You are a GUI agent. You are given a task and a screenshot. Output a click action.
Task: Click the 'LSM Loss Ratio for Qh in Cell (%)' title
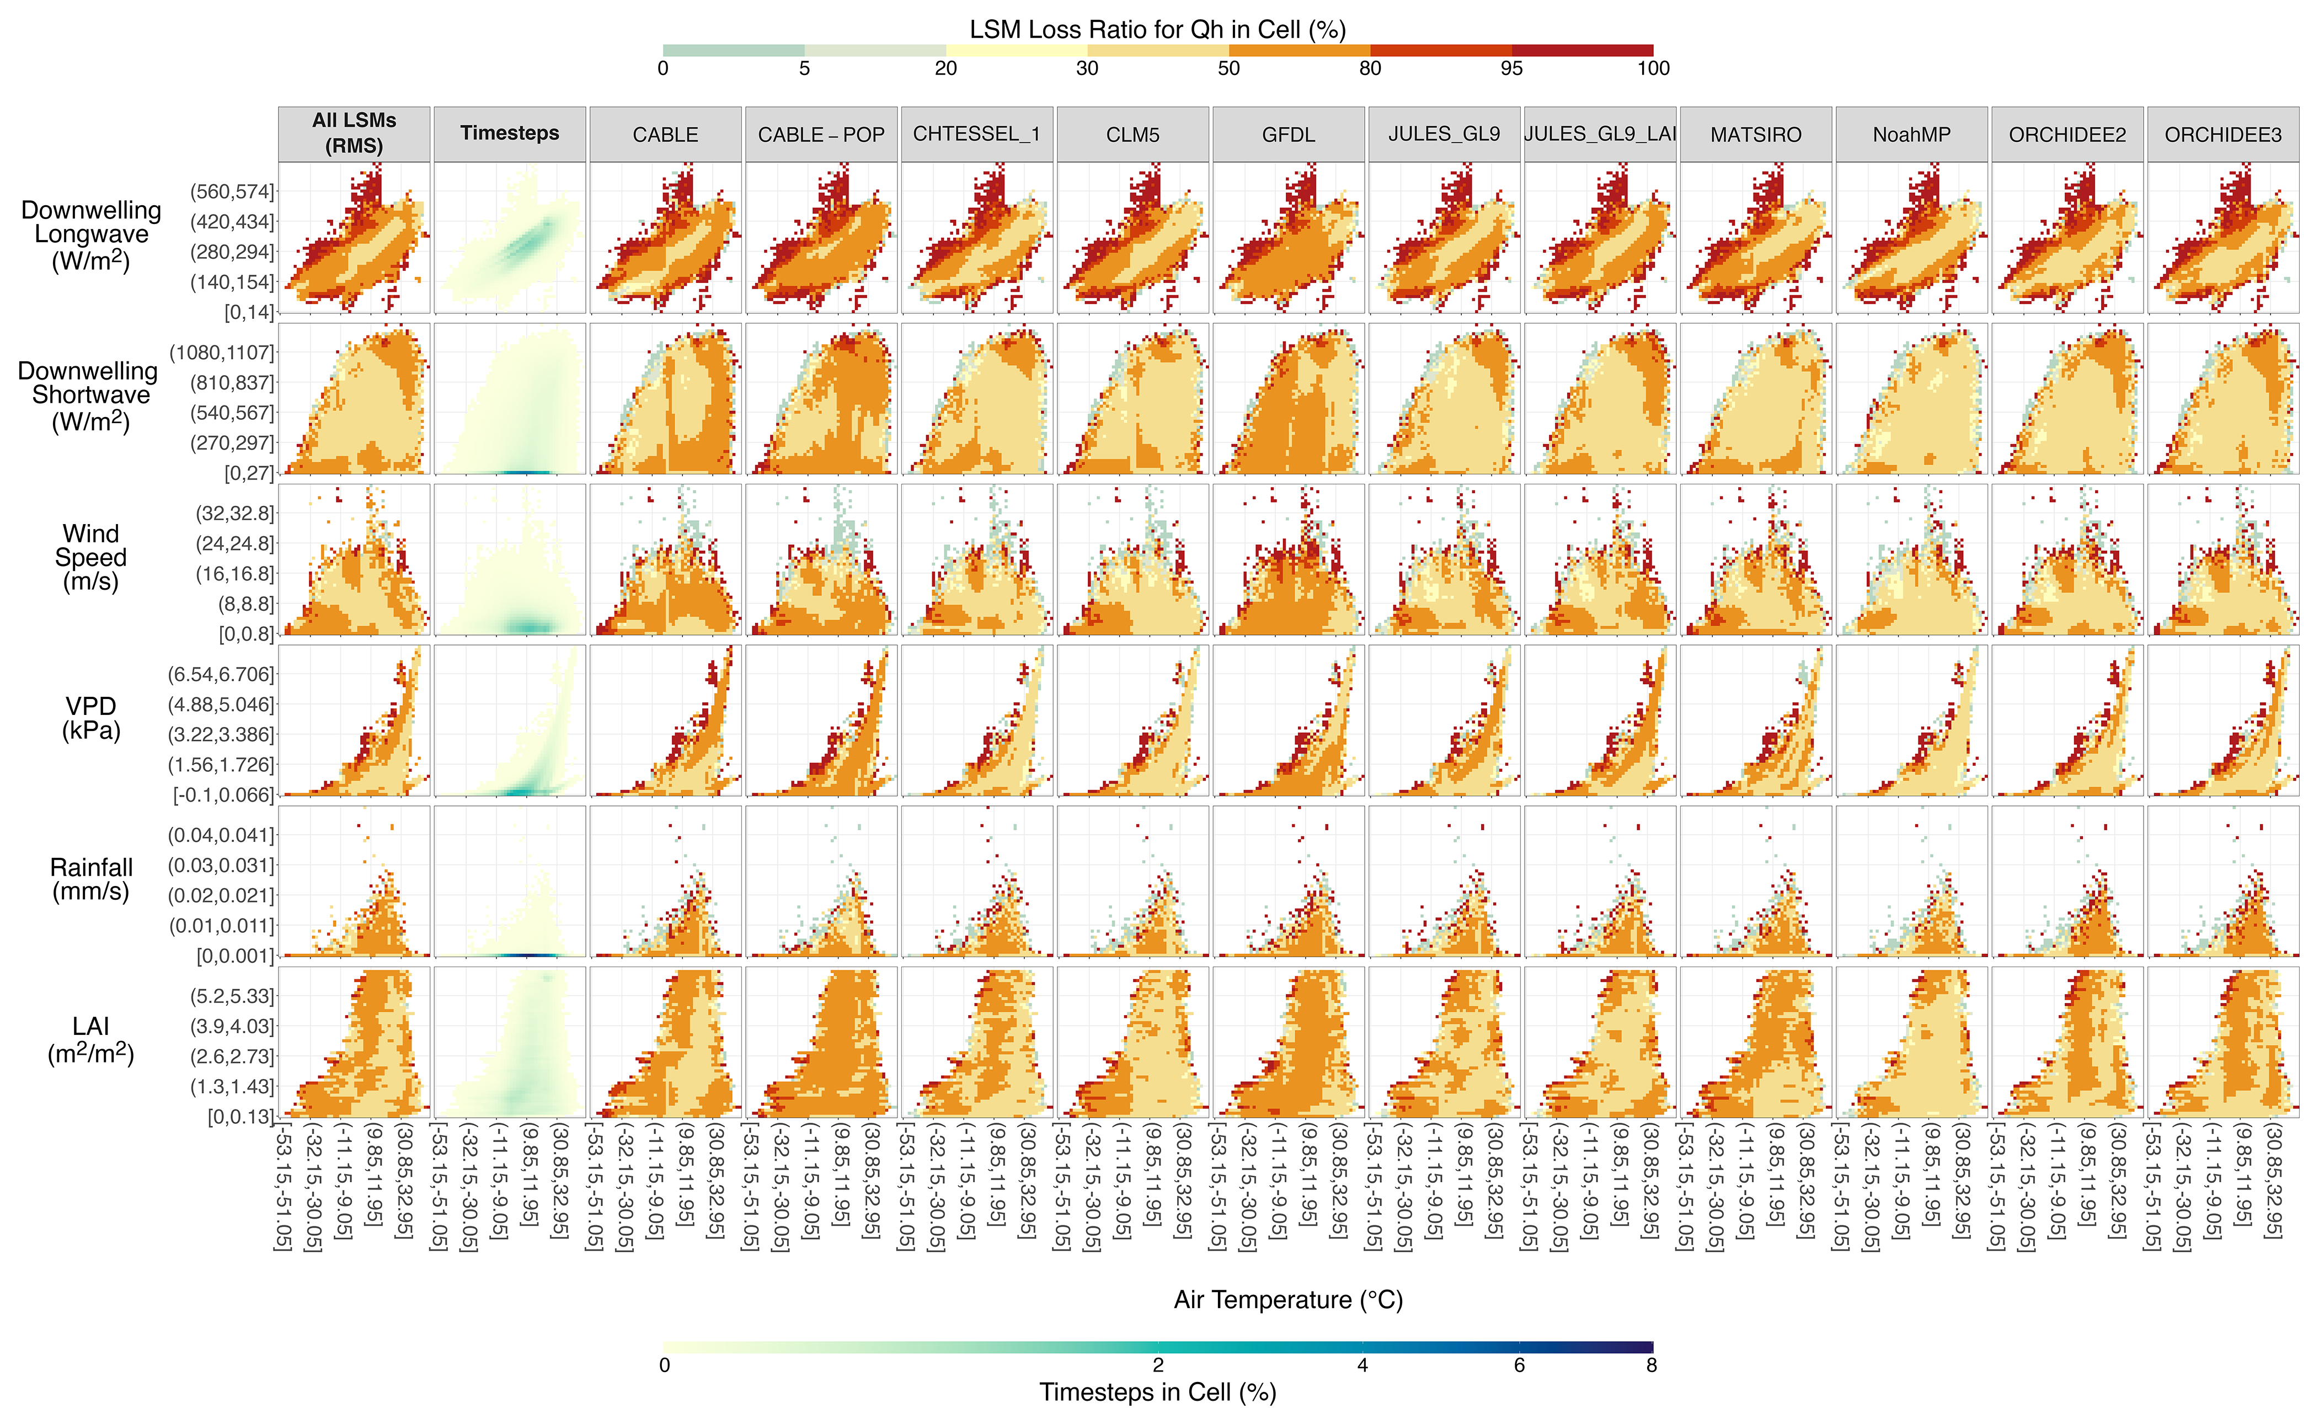1157,29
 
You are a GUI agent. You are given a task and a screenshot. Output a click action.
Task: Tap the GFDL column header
1288,135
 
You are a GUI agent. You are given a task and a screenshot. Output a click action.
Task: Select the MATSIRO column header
1755,135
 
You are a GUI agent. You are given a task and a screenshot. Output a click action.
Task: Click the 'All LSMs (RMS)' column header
354,133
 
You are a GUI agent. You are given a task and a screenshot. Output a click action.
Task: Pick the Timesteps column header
510,133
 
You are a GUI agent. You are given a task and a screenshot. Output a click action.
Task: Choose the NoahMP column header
1911,135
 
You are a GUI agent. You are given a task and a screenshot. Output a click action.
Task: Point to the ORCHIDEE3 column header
2223,135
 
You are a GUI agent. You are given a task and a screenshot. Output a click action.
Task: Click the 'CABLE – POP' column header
821,135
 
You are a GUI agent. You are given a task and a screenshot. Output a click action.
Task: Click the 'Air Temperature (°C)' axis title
1288,1300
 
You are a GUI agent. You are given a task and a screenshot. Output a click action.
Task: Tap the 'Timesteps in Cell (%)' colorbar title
1157,1392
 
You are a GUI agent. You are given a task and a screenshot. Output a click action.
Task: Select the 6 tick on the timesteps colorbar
1519,1365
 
